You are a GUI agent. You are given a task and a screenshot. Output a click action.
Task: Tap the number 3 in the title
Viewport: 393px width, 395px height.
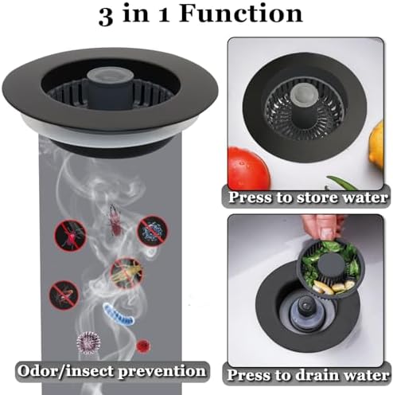point(107,15)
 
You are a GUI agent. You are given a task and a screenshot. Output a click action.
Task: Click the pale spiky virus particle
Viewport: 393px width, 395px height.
point(88,343)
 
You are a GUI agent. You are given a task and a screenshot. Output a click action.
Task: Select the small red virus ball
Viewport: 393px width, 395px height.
point(142,346)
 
